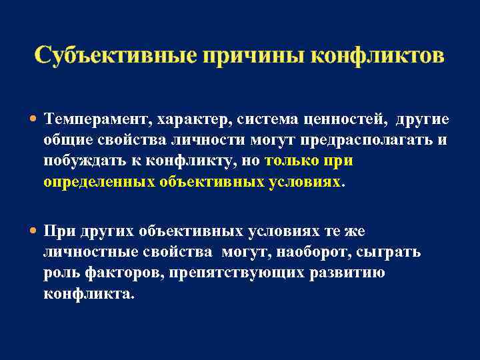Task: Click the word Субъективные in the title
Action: [113, 55]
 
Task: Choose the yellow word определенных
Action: [99, 182]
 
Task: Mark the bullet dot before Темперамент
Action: [34, 119]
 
